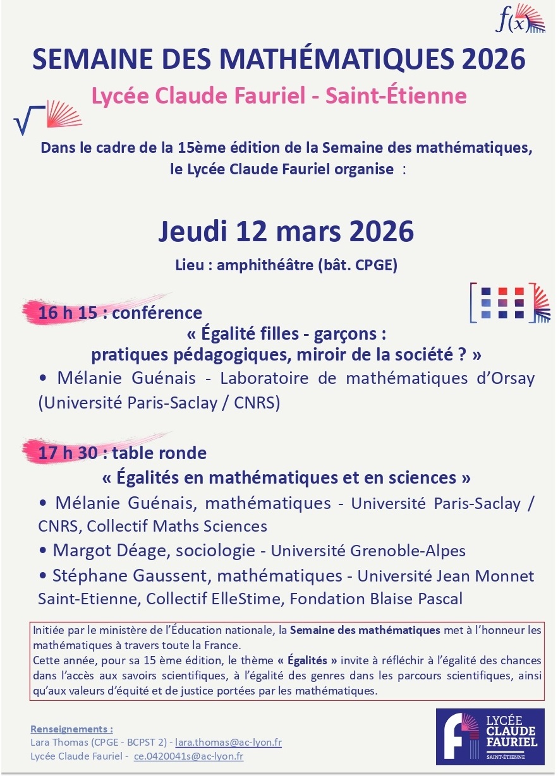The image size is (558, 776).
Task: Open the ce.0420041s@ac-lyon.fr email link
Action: click(x=188, y=756)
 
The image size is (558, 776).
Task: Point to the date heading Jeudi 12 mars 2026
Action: click(x=286, y=232)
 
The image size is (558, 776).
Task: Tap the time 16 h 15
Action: click(x=63, y=313)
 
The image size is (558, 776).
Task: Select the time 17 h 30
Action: click(x=63, y=453)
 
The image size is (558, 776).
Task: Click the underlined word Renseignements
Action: click(x=71, y=729)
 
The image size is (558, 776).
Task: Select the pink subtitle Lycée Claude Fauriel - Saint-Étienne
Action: click(x=279, y=96)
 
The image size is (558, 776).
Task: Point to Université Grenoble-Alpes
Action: click(x=368, y=551)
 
